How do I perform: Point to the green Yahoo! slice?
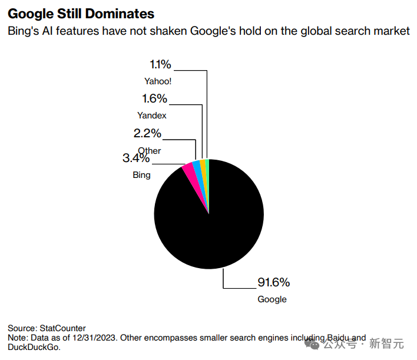tap(207, 168)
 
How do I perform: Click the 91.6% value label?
tap(273, 282)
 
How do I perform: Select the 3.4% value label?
tap(136, 158)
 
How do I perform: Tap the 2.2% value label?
tap(147, 134)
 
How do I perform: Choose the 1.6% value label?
tap(154, 98)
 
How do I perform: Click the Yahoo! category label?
tap(157, 81)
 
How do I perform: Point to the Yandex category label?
tap(152, 115)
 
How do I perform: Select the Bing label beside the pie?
tap(141, 175)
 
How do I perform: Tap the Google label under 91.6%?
tap(272, 299)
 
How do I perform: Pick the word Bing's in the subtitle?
tap(23, 31)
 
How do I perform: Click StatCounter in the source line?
tap(62, 328)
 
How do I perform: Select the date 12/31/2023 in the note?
tap(96, 338)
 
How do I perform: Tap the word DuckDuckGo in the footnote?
tap(34, 347)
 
